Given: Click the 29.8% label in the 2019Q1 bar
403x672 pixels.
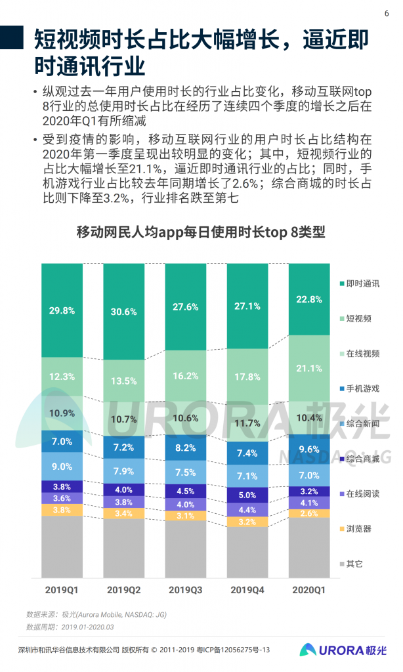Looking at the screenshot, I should pyautogui.click(x=62, y=310).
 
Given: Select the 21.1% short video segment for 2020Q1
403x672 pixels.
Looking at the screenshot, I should pyautogui.click(x=309, y=367).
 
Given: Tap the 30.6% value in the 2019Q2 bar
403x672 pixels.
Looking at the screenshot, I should pyautogui.click(x=123, y=312).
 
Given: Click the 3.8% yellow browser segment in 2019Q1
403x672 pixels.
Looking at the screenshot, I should pyautogui.click(x=62, y=509).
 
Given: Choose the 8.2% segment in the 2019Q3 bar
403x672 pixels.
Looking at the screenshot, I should pyautogui.click(x=185, y=448).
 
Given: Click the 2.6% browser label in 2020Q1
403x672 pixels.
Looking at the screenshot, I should pyautogui.click(x=309, y=513).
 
